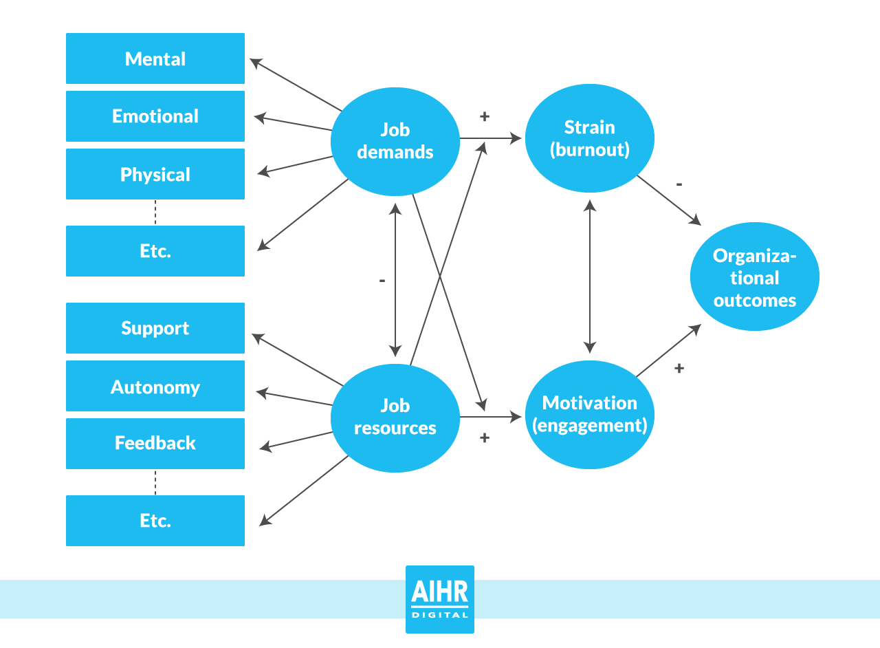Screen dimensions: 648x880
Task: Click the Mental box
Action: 155,58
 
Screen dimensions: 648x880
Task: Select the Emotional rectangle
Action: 155,116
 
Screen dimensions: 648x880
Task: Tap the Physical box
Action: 155,174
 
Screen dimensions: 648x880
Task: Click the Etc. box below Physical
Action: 155,251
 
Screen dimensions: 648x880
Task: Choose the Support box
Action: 155,328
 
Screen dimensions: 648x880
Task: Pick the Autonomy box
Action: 155,386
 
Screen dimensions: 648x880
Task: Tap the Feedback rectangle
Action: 155,444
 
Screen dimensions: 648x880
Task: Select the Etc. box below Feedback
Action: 155,521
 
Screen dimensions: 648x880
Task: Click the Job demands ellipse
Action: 395,140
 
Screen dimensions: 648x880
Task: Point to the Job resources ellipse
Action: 395,418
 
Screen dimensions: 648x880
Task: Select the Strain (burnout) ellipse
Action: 590,138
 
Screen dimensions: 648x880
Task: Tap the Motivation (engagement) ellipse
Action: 590,414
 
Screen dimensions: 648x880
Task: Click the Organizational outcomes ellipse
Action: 755,277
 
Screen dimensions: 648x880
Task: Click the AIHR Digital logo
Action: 440,599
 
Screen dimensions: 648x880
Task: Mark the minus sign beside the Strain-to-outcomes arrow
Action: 679,184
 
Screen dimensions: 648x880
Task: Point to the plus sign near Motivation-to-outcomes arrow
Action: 679,368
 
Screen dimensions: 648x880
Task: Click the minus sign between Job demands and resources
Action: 382,281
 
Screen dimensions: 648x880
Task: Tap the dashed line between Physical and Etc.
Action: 155,213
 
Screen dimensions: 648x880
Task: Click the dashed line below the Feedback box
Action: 155,482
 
